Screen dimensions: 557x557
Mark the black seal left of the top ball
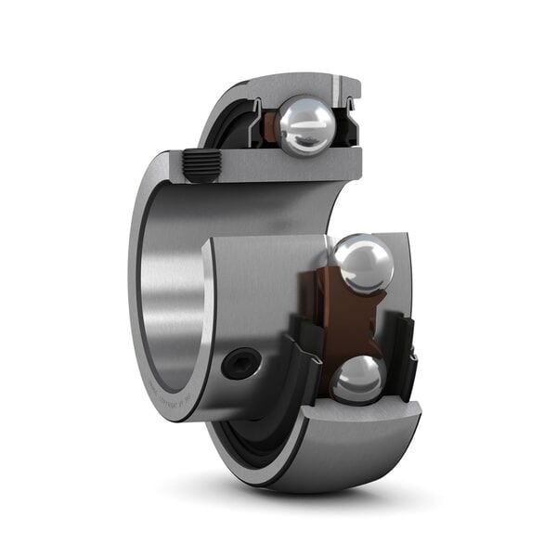point(243,130)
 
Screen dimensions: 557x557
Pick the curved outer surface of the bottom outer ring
point(306,464)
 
